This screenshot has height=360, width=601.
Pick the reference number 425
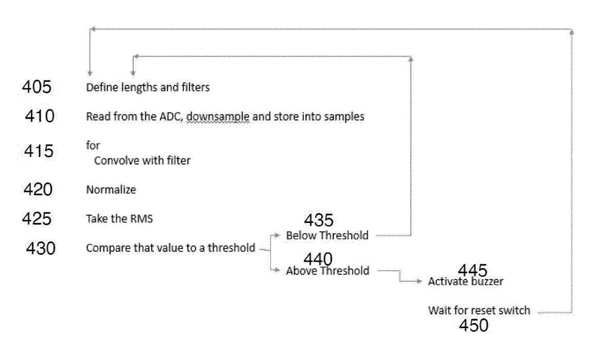(37, 219)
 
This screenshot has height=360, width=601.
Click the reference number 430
(41, 249)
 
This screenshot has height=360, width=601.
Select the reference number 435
(318, 221)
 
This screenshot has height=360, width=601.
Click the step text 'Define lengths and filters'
(147, 88)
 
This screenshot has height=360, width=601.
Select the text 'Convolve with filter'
(142, 160)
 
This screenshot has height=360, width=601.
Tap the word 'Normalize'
(111, 190)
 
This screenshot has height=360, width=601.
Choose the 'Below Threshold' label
(327, 235)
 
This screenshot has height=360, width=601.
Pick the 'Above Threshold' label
(327, 271)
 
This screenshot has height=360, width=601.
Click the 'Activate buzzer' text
(466, 282)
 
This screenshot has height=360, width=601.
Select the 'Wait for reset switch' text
(479, 310)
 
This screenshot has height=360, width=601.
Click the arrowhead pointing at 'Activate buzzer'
(420, 281)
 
